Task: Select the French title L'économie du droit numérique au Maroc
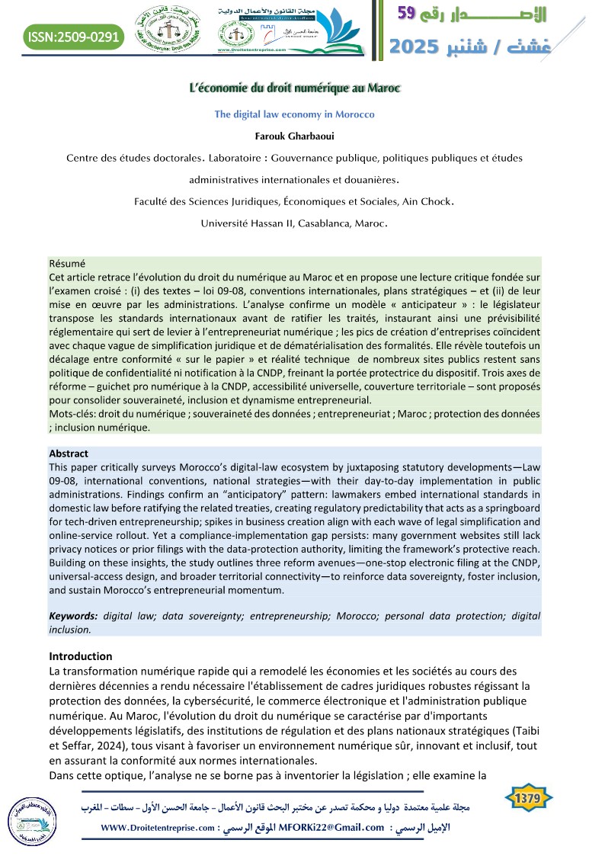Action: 294,88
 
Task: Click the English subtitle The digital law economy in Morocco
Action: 294,114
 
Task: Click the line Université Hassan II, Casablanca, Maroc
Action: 294,223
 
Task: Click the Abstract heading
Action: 69,453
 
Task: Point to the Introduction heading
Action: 80,656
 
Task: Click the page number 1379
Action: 528,799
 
